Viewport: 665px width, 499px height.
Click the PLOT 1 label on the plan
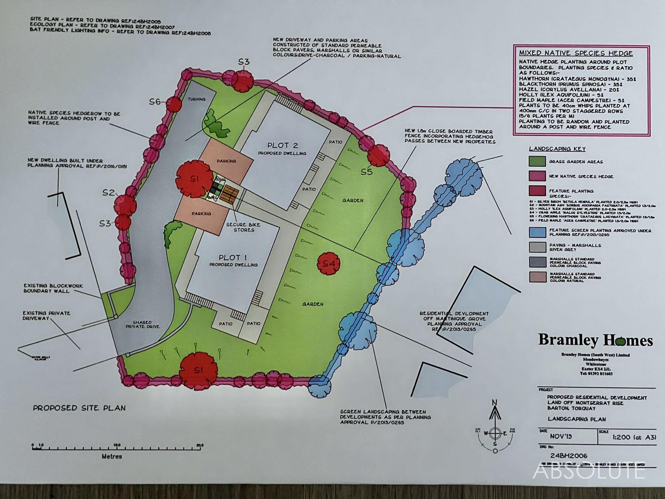tap(233, 258)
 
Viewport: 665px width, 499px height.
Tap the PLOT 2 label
tap(283, 145)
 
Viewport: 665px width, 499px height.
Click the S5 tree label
tap(367, 172)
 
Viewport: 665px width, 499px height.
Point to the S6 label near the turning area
tap(155, 102)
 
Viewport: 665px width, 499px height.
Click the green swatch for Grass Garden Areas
tap(537, 161)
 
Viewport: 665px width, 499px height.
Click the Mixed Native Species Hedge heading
tap(576, 53)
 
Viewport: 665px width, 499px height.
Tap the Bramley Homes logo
tap(595, 340)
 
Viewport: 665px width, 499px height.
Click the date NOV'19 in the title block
tap(561, 436)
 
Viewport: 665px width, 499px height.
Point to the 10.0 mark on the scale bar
tap(117, 445)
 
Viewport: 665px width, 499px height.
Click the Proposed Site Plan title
tap(79, 408)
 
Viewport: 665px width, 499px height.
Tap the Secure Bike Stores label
tap(244, 227)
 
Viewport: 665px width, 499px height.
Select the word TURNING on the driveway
tap(197, 99)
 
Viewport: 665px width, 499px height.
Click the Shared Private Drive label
tap(142, 324)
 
